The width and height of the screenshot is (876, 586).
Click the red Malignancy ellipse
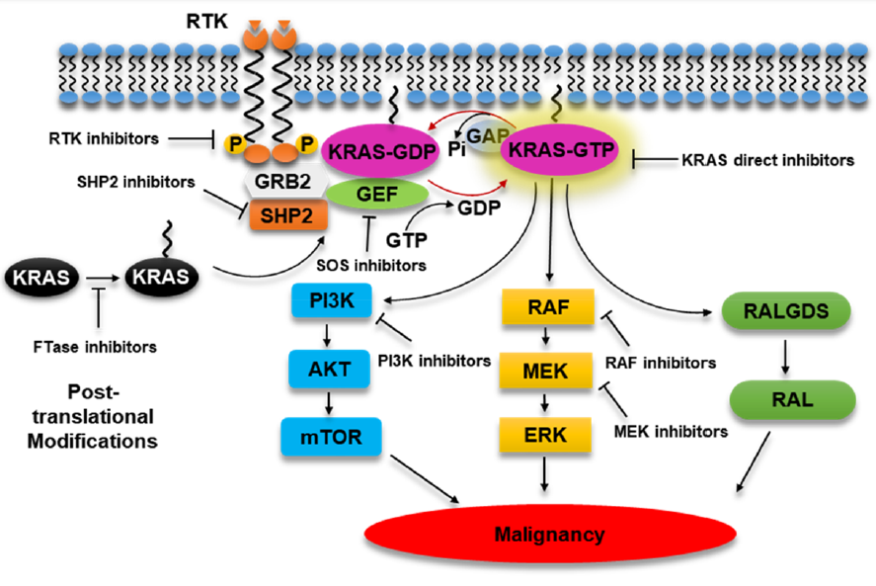pyautogui.click(x=550, y=534)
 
